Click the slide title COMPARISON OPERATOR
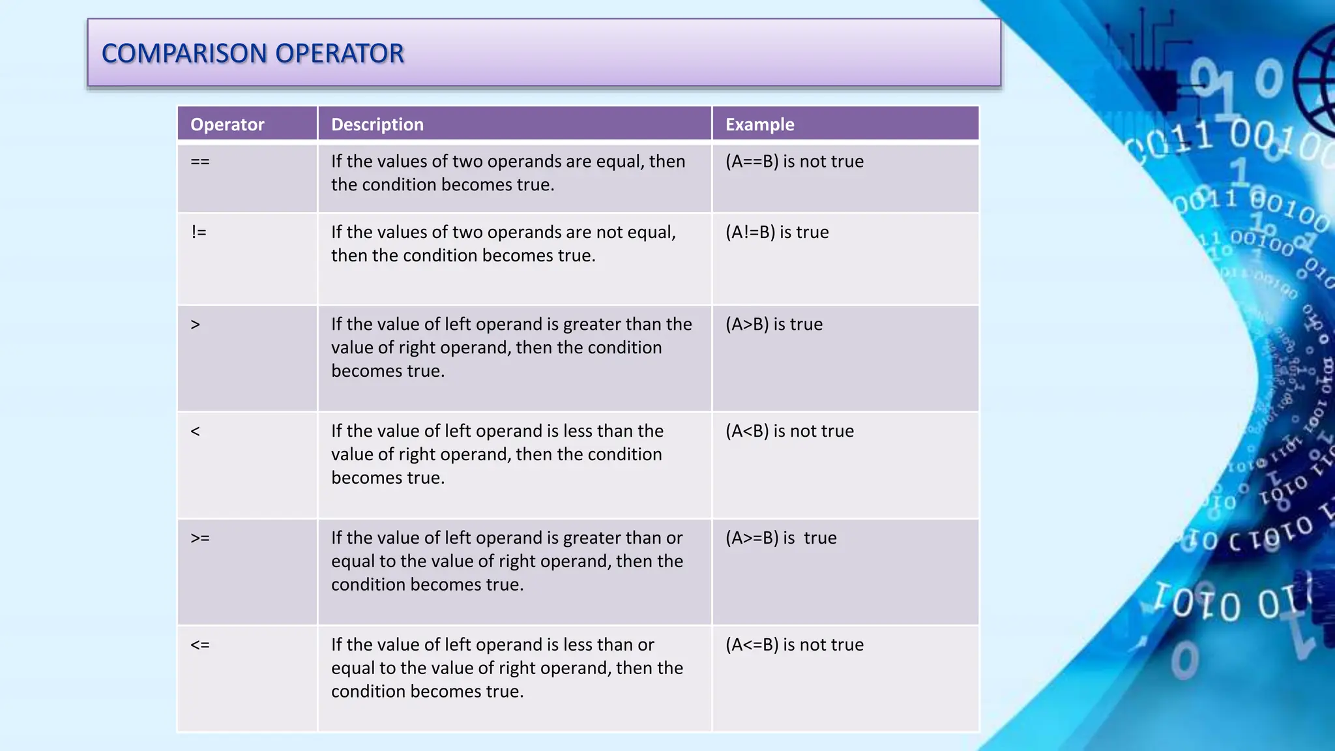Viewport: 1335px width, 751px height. tap(253, 53)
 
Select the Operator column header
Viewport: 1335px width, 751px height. tap(227, 125)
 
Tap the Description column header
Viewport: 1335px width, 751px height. tap(377, 125)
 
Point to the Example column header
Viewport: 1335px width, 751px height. tap(759, 125)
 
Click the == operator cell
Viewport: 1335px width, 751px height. tap(200, 162)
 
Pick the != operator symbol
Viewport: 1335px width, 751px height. tap(199, 232)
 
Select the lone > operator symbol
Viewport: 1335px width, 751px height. tap(196, 325)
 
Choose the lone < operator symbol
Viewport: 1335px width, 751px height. tap(196, 432)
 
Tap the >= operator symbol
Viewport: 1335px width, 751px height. tap(200, 538)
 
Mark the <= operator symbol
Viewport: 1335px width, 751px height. tap(200, 645)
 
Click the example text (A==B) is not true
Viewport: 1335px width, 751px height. tap(794, 162)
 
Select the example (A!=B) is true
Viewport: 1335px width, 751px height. tap(777, 232)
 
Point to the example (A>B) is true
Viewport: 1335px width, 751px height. tap(774, 325)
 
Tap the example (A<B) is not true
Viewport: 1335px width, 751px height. tap(789, 432)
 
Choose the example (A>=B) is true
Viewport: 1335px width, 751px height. tap(781, 538)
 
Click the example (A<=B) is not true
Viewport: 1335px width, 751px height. tap(794, 645)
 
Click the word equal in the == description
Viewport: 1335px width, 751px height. tap(618, 162)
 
